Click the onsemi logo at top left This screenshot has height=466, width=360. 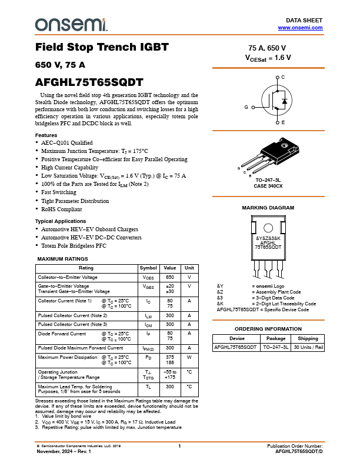pos(71,24)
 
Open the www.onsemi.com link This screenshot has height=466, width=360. pos(300,28)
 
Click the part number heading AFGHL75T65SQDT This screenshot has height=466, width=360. pos(89,83)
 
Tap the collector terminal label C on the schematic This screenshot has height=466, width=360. pos(283,78)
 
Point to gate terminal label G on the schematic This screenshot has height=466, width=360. pos(246,107)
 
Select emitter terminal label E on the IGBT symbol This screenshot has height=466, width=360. pos(283,122)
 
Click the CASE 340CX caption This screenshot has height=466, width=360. pos(268,186)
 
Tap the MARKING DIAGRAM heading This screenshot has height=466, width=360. pos(268,208)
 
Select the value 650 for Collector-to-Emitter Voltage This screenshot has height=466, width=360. pos(170,277)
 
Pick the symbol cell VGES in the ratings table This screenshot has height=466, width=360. pos(148,287)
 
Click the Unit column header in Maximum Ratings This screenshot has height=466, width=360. pos(189,268)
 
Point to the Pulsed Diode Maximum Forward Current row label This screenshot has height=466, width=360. pos(81,348)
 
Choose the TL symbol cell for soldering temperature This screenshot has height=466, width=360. pos(148,387)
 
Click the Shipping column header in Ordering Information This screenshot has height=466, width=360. pos(308,338)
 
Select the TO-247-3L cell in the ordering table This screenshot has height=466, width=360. pos(276,347)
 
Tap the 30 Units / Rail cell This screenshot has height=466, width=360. pos(308,347)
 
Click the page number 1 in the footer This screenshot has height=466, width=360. pos(179,447)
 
